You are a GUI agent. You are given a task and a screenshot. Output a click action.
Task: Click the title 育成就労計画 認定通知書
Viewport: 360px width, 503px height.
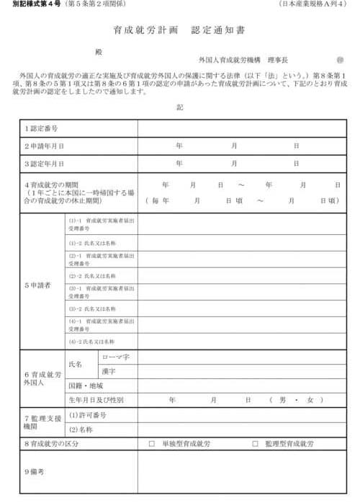click(180, 31)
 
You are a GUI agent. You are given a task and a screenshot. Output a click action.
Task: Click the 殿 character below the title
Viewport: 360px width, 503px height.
click(99, 51)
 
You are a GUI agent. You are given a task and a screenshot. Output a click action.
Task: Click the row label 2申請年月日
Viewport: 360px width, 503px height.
click(44, 146)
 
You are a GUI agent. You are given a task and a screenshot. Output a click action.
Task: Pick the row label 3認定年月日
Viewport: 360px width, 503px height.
click(44, 164)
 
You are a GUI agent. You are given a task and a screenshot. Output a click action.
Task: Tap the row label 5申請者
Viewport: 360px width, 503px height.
click(37, 285)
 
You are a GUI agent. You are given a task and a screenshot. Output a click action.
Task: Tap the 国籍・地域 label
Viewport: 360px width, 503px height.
click(87, 386)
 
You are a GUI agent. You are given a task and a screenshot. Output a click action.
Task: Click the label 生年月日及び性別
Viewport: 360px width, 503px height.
click(96, 399)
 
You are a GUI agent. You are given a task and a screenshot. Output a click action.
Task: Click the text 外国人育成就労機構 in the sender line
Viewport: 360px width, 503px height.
click(228, 60)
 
